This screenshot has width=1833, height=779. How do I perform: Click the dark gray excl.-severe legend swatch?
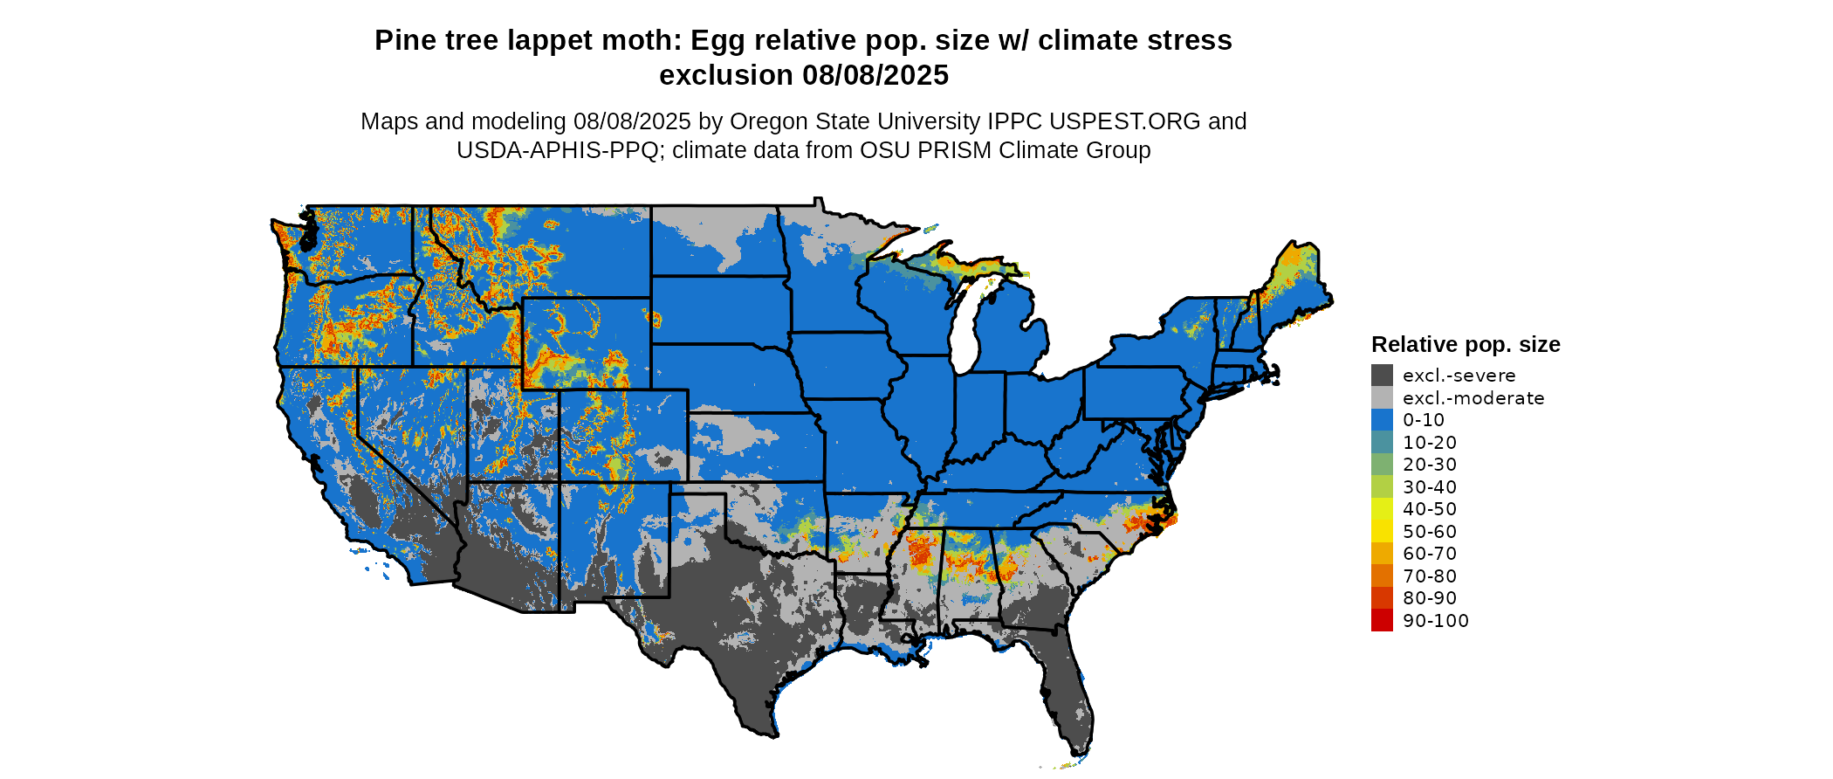1382,376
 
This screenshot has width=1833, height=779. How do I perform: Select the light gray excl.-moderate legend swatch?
1382,398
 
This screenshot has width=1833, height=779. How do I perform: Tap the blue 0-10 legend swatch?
1382,420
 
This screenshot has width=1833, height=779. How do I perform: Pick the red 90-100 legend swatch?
1382,621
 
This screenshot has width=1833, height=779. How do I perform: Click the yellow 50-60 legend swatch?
1382,532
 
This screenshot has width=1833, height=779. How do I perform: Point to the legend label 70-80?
1430,576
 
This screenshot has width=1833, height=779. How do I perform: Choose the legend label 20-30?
1430,465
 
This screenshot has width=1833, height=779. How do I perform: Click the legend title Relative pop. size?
1466,345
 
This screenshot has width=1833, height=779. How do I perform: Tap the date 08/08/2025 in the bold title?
875,76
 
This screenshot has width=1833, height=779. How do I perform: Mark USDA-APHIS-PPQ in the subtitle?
557,150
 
